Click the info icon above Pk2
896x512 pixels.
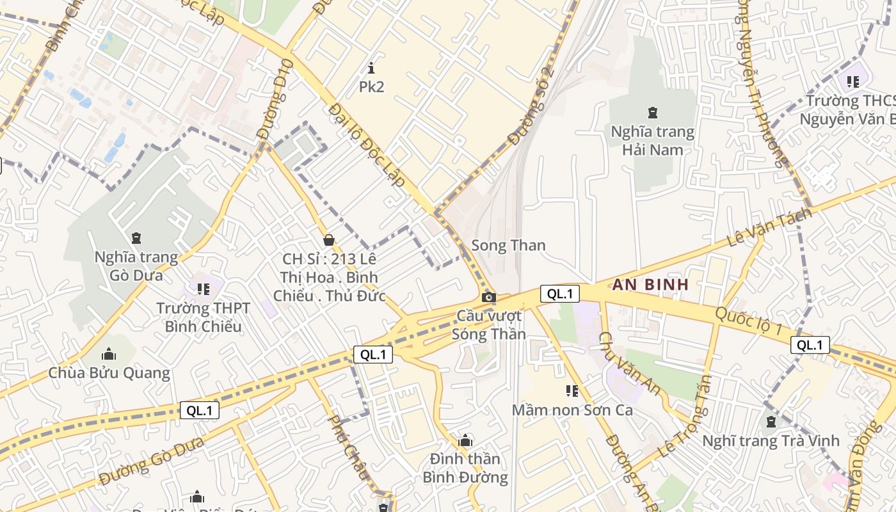click(x=371, y=68)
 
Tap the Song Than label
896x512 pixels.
click(x=508, y=245)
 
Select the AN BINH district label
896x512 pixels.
click(x=650, y=284)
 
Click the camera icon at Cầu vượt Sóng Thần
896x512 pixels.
click(x=488, y=297)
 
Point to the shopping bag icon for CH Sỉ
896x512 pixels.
click(x=329, y=240)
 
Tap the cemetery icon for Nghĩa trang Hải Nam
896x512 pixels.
click(x=652, y=113)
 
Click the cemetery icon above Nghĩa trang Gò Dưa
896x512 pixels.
click(x=136, y=238)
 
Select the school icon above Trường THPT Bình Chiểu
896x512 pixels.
click(x=204, y=289)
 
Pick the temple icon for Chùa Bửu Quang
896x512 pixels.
click(x=109, y=354)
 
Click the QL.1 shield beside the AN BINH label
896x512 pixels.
click(x=559, y=294)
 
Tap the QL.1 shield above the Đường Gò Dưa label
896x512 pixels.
click(x=200, y=411)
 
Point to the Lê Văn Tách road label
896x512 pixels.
click(x=770, y=228)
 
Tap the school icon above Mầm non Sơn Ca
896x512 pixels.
click(x=572, y=390)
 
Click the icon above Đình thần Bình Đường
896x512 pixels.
click(x=465, y=440)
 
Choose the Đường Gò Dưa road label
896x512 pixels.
click(x=152, y=461)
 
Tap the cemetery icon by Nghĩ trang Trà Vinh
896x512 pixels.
click(x=771, y=422)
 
